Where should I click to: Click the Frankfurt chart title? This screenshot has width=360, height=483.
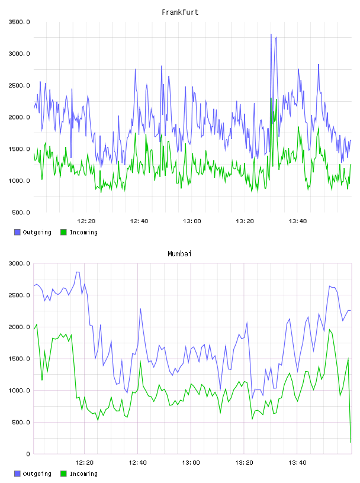coord(180,12)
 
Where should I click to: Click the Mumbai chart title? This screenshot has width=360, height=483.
coord(179,254)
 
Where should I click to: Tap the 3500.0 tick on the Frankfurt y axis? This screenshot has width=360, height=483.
coord(19,22)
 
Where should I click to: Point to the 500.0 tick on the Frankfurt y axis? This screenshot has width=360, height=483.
coord(21,212)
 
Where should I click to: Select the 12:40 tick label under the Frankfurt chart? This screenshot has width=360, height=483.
coord(139,221)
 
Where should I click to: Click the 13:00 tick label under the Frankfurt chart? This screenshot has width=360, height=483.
coord(192,221)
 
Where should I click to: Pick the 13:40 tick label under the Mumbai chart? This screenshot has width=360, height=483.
coord(297,463)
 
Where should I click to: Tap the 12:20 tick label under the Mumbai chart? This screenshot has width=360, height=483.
coord(84,463)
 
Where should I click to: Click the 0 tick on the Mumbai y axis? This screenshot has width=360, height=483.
coord(28,454)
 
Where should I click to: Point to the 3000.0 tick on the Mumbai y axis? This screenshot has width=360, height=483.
coord(19,263)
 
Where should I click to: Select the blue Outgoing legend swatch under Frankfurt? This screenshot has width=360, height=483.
coord(17,232)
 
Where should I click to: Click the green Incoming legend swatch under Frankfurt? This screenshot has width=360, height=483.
coord(63,232)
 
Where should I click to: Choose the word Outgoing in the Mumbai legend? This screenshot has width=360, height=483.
coord(37,474)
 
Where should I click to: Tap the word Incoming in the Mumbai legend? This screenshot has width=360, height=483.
coord(83,474)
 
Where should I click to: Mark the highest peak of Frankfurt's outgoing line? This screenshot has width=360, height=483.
coord(271,34)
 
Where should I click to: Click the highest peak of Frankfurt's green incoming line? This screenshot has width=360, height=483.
coord(271,98)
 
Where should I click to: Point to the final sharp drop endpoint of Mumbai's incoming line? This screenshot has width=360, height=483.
coord(351,442)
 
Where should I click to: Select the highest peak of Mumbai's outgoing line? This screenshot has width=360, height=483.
coord(78,272)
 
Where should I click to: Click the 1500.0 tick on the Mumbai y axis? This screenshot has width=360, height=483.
coord(19,359)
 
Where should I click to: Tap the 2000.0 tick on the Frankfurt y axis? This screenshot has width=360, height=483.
coord(19,117)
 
